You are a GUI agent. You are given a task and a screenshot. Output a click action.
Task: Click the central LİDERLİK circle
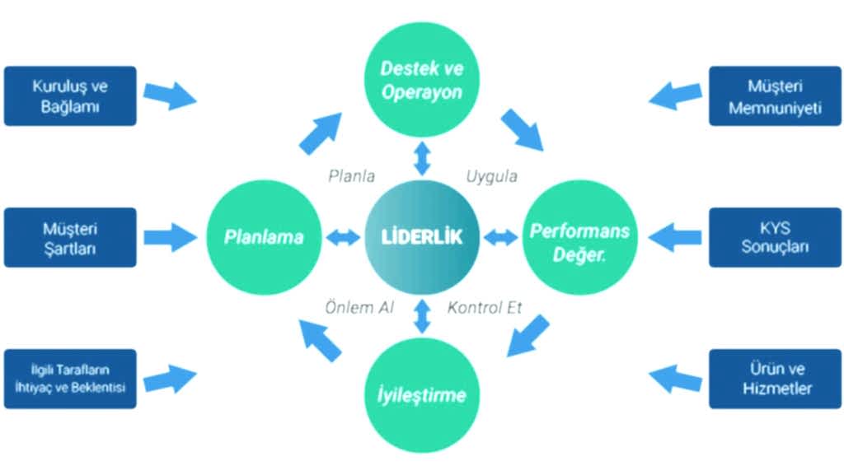(x=422, y=237)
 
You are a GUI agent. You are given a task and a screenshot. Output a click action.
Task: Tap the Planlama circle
(x=264, y=237)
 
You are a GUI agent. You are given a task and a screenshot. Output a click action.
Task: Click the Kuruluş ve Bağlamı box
(x=70, y=95)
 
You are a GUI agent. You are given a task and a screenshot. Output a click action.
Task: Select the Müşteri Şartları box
(x=70, y=237)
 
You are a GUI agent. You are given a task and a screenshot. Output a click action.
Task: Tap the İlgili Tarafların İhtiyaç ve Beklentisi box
(x=70, y=379)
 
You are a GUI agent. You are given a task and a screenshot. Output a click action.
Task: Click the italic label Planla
(x=352, y=175)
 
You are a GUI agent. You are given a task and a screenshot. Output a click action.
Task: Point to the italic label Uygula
(x=492, y=175)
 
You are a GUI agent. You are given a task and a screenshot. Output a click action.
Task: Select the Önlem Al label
(x=359, y=308)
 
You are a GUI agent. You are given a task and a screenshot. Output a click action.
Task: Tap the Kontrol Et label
(x=485, y=308)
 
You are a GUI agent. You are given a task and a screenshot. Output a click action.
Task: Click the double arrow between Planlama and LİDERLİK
(x=343, y=238)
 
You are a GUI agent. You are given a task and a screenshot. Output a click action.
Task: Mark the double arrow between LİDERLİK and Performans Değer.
(x=500, y=238)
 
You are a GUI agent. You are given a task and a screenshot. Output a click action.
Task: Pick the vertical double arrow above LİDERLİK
(x=423, y=159)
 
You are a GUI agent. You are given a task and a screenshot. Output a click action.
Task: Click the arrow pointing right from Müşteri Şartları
(x=171, y=238)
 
